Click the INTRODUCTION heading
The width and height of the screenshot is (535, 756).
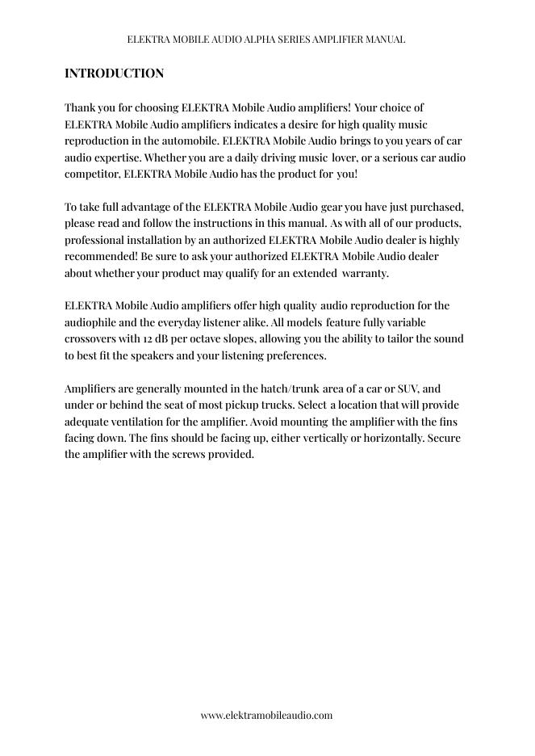click(114, 73)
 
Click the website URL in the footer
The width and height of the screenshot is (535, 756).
click(266, 715)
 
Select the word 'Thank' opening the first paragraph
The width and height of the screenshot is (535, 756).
click(79, 107)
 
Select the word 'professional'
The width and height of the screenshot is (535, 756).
click(96, 240)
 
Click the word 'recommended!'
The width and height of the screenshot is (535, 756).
click(101, 256)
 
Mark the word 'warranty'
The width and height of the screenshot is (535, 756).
click(366, 273)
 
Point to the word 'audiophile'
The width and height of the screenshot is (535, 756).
click(91, 322)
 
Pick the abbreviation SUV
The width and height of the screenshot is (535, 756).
click(408, 388)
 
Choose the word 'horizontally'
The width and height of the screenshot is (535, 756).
click(391, 438)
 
